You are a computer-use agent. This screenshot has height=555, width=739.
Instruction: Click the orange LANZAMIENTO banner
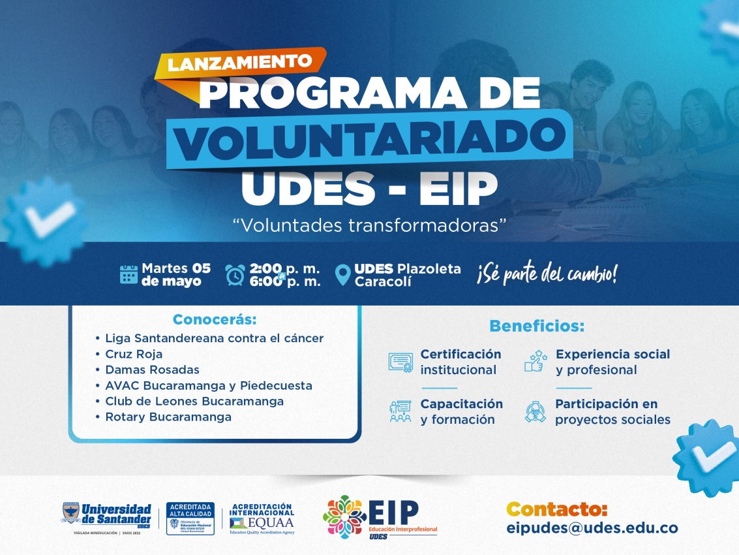(x=240, y=63)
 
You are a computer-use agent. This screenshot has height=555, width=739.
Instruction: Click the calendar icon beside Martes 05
(x=128, y=274)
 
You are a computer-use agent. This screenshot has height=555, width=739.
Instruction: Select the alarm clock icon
(x=235, y=275)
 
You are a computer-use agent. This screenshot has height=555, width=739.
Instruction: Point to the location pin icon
(x=342, y=275)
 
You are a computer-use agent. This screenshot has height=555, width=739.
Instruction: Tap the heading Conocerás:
(x=215, y=320)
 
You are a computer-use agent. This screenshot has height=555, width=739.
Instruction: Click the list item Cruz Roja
(x=134, y=354)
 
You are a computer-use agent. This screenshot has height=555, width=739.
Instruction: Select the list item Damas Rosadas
(x=152, y=370)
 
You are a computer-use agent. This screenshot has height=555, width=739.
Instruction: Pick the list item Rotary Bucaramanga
(x=168, y=417)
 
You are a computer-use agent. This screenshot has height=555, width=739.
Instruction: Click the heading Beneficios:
(x=537, y=326)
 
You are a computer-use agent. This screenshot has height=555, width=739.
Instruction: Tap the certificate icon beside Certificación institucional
(x=400, y=362)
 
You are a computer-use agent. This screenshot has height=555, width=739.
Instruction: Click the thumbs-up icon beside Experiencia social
(x=535, y=361)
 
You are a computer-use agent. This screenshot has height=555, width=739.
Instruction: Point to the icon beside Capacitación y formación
(x=400, y=411)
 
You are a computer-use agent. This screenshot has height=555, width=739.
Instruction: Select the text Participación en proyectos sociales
(x=612, y=412)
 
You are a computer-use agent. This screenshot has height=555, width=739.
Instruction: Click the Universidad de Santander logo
(x=106, y=518)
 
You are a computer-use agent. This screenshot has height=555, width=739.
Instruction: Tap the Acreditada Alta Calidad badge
(x=190, y=518)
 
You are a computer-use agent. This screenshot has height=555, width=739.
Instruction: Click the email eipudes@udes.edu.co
(x=592, y=528)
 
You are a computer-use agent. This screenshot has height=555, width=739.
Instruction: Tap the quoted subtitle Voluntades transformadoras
(x=370, y=225)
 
